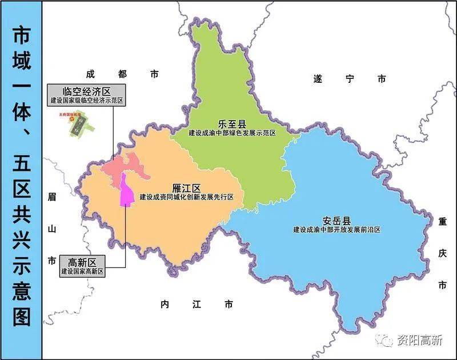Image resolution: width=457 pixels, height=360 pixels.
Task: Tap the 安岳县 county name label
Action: point(335,221)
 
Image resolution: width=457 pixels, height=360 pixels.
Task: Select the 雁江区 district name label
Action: point(187,188)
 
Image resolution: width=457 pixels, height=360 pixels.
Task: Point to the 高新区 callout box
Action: point(83,266)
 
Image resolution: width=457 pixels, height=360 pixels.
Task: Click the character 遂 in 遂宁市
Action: point(318,79)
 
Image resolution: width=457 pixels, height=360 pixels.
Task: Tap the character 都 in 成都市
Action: point(122,74)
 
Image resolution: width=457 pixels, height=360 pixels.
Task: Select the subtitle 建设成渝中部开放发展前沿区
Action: point(336,230)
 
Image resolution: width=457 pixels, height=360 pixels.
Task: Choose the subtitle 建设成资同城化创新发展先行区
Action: point(187,197)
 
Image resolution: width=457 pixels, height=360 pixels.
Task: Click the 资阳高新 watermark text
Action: point(419,341)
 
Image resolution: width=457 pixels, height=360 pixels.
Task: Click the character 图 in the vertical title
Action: point(22,317)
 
